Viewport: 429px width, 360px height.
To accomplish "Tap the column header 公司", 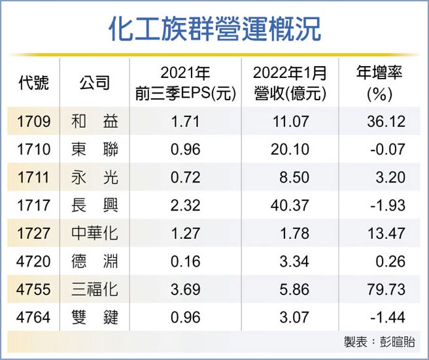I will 94,84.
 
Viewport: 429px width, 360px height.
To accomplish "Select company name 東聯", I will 94,150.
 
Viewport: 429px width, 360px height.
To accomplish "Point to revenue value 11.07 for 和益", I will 290,122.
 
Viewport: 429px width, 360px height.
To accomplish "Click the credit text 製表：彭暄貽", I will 378,342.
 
